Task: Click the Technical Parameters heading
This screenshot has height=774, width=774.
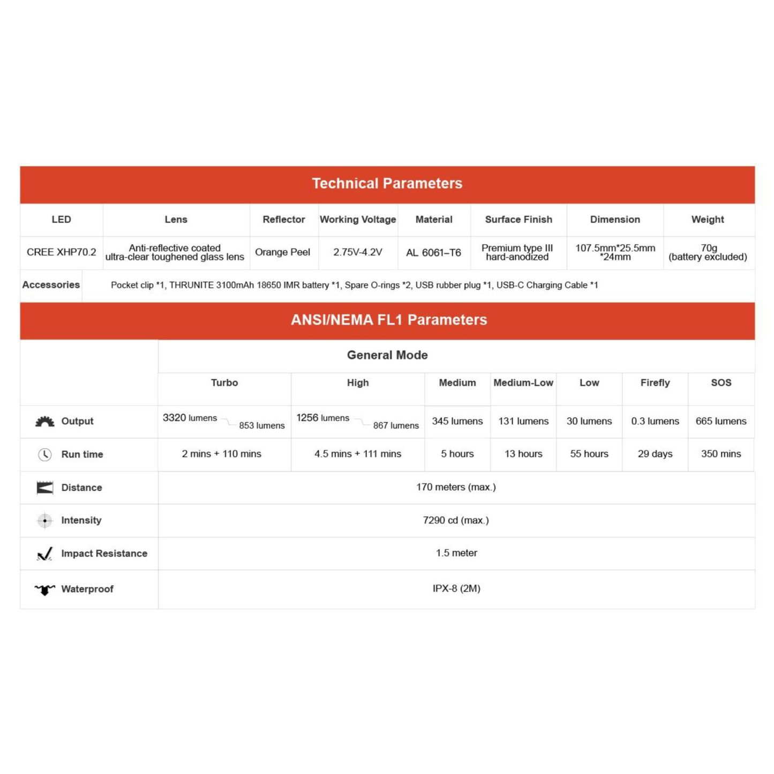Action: coord(387,184)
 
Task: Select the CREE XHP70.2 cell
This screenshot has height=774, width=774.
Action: coord(62,252)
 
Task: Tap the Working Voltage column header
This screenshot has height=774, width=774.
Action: coord(358,220)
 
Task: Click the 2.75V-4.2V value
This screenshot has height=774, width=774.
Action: coord(358,252)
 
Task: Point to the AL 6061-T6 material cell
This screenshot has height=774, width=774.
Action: coord(433,253)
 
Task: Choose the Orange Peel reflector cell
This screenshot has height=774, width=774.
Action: coord(282,252)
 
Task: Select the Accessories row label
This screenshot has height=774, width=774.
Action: coord(51,285)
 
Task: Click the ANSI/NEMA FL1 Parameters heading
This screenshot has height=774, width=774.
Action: coord(389,320)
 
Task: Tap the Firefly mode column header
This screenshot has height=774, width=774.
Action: coord(655,383)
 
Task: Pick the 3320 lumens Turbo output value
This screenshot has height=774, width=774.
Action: coord(190,418)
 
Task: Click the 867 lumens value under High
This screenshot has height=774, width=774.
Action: coord(396,425)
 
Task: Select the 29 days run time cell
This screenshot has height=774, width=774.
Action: coord(655,454)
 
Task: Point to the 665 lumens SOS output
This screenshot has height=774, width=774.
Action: coord(721,421)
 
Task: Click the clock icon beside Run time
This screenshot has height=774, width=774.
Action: coord(45,455)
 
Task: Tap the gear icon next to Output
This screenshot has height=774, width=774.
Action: coord(45,422)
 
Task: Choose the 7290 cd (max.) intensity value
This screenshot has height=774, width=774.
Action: coord(456,520)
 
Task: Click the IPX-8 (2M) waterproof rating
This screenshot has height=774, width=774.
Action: coord(456,589)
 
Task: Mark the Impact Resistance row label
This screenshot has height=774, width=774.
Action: coord(104,553)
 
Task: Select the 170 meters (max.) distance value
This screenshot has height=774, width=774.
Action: coord(456,487)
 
